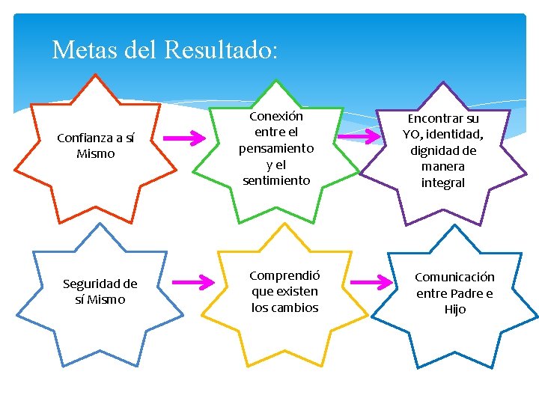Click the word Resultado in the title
click(x=220, y=50)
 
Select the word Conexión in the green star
click(x=276, y=116)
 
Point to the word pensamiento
click(x=276, y=148)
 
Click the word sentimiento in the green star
click(x=276, y=180)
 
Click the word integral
click(x=443, y=183)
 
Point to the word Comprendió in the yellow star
click(x=284, y=275)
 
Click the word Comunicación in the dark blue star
click(x=454, y=277)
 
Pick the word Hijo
click(x=454, y=309)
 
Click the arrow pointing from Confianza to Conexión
click(x=185, y=138)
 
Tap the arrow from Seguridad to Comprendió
click(x=193, y=282)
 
